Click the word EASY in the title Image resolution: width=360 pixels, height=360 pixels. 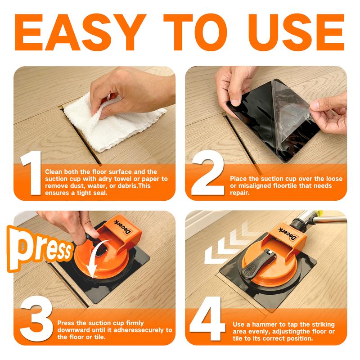click(81, 32)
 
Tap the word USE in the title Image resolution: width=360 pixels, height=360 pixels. click(296, 32)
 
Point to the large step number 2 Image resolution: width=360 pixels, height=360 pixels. click(208, 173)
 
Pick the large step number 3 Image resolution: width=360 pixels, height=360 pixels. click(37, 319)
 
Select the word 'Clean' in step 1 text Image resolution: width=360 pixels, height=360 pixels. click(54, 172)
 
